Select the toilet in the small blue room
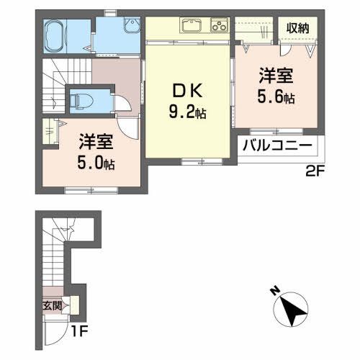tap(84, 99)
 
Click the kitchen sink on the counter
tap(192, 27)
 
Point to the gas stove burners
tap(217, 27)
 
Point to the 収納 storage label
tap(298, 28)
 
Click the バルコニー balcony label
tap(276, 146)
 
